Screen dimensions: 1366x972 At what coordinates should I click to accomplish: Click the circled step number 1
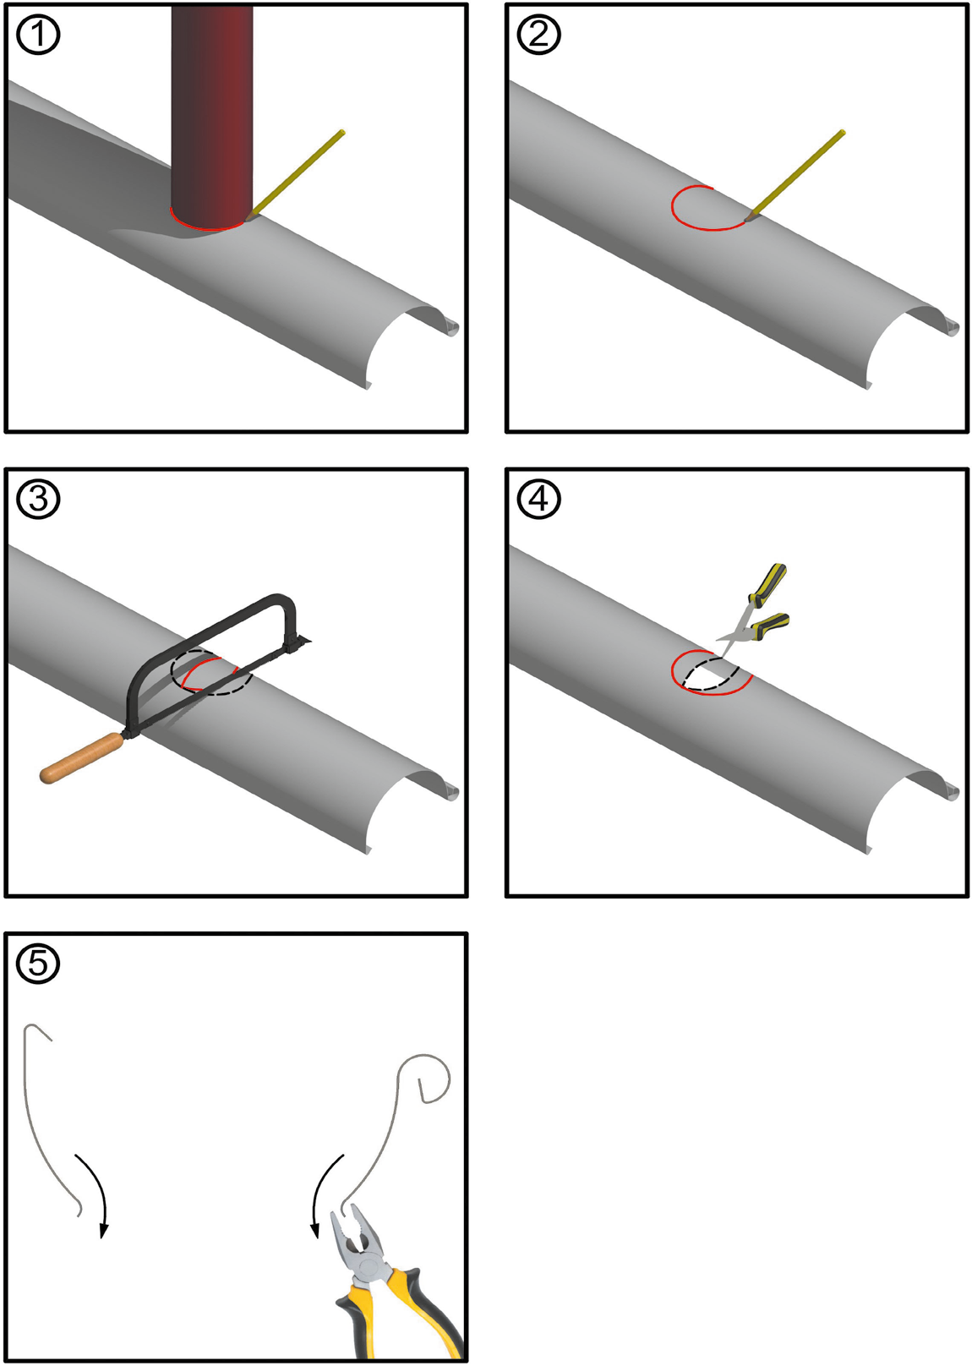pos(38,36)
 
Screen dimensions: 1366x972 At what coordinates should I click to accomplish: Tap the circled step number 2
pos(538,36)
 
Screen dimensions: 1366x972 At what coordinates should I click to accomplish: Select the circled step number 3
pos(38,500)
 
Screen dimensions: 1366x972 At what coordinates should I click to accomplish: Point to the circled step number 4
pos(538,500)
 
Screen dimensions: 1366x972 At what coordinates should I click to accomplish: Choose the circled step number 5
pos(38,963)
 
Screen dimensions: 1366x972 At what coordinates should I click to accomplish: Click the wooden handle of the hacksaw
pos(81,759)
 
